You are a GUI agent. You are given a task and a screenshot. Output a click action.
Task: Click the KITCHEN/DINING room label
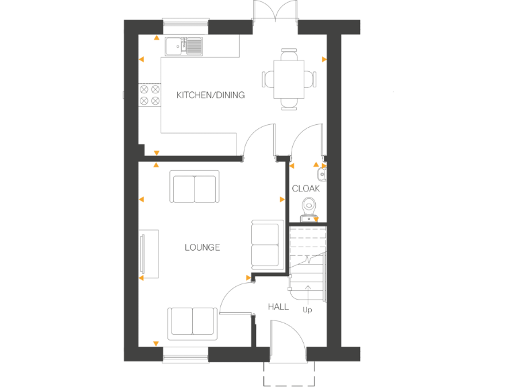pos(210,95)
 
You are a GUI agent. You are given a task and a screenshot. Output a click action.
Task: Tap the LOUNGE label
pos(202,247)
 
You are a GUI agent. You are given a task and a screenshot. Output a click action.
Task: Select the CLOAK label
pos(306,189)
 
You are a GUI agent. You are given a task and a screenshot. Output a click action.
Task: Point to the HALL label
pos(278,306)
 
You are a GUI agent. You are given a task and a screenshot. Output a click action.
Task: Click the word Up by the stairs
pos(308,310)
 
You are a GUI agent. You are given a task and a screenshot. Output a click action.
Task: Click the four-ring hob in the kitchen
pos(149,95)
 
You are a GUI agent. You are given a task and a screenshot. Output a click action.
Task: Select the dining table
pos(289,79)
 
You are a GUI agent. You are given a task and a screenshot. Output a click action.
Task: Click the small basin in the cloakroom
pos(322,174)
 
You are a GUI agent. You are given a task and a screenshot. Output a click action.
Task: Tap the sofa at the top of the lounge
pos(195,186)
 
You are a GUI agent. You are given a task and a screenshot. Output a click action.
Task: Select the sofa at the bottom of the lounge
pos(192,320)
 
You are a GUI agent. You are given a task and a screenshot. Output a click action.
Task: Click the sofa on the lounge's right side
pos(265,244)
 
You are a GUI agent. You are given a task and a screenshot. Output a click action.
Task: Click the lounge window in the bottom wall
pos(185,355)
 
